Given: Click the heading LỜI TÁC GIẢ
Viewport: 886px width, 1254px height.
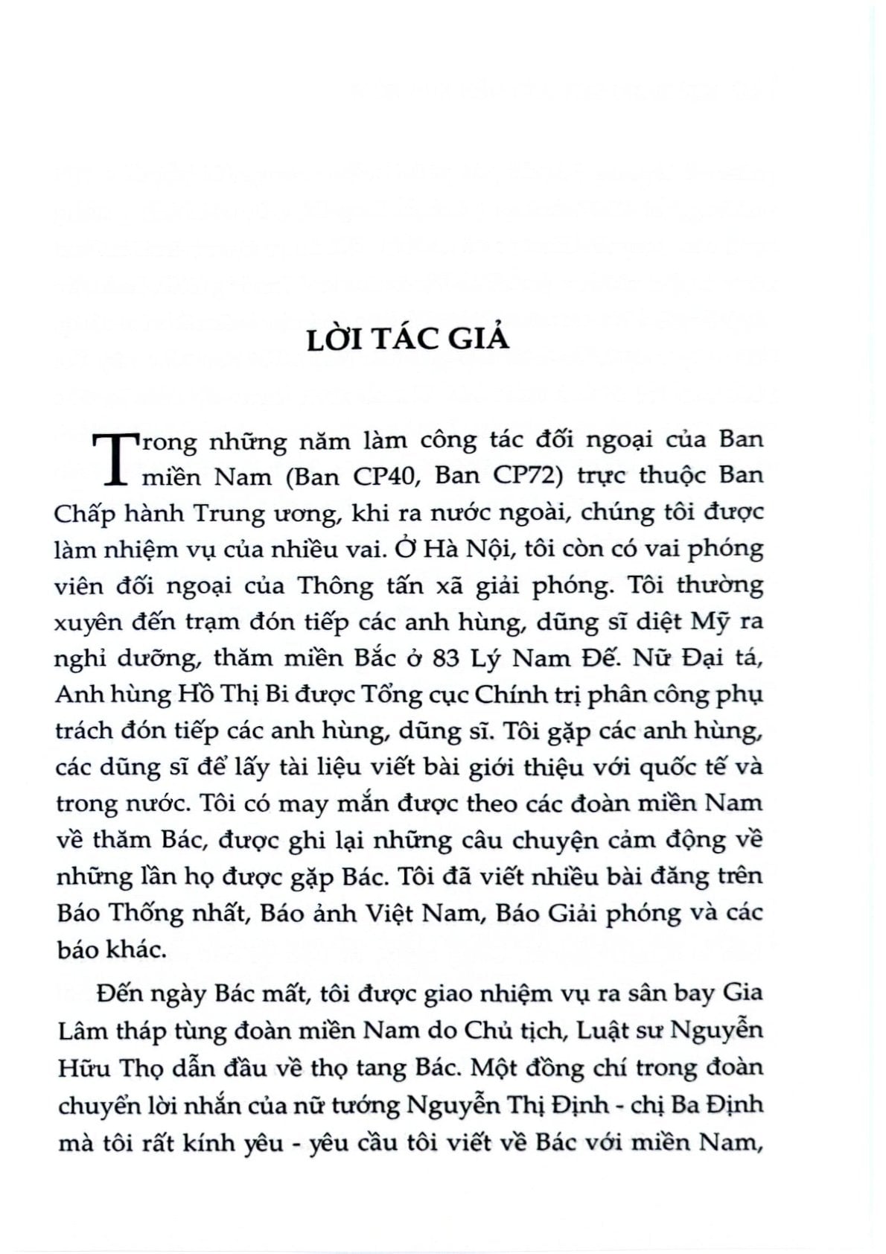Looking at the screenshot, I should [408, 338].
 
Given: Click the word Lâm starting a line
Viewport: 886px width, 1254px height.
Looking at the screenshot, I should [81, 1031].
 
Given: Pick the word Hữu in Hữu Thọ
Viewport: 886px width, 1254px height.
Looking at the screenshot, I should [83, 1067].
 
